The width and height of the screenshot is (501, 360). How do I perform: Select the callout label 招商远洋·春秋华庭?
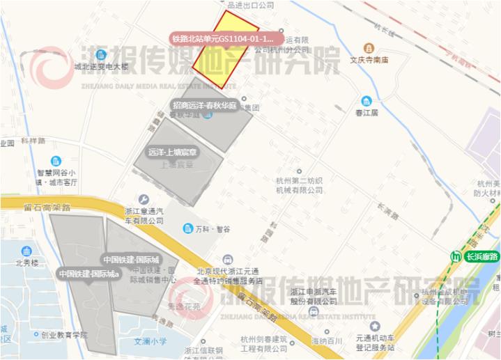pos(205,105)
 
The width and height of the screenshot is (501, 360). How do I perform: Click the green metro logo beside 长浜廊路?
pos(456,256)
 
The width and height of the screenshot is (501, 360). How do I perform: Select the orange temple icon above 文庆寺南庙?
pos(367,47)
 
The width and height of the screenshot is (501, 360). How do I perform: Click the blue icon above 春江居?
pos(366,101)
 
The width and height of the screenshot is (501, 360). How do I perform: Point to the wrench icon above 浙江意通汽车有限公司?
pos(144,199)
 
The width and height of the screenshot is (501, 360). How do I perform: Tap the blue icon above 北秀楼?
pos(24,251)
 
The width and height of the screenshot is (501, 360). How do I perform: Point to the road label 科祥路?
pos(33,140)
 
